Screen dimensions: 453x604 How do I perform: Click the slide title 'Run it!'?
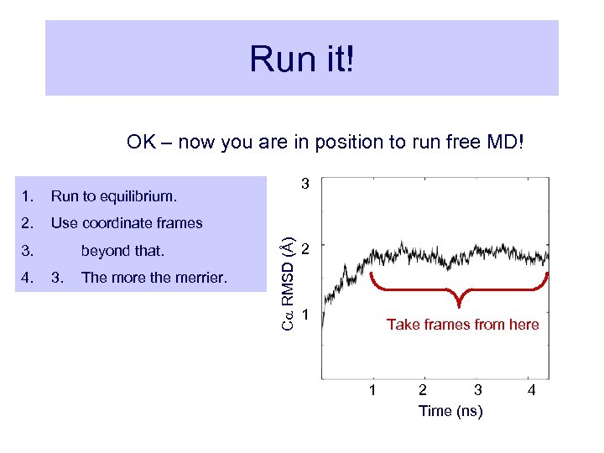(302, 59)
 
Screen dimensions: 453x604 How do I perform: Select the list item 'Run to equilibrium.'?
(114, 197)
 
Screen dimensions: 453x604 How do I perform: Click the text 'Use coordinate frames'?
(127, 223)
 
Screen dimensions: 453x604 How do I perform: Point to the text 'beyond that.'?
(122, 251)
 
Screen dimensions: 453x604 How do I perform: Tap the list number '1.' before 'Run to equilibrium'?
(28, 197)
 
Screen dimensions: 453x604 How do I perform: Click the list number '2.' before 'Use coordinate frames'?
(28, 223)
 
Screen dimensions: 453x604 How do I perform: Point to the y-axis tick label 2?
(307, 249)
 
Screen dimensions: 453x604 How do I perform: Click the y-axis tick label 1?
(307, 315)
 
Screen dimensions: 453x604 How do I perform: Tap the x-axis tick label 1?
(372, 390)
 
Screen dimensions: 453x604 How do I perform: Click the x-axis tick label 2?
(423, 390)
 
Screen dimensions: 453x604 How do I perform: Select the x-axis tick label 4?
(531, 390)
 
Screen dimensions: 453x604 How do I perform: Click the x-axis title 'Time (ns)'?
(450, 411)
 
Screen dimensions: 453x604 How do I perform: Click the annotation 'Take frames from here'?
(462, 325)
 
